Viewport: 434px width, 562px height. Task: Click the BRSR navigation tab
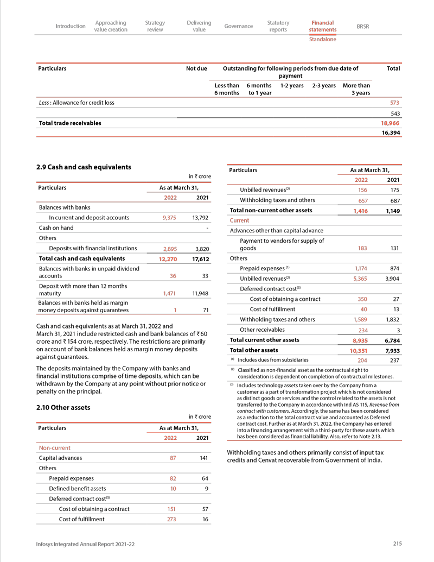tap(362, 26)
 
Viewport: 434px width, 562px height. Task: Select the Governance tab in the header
tap(238, 26)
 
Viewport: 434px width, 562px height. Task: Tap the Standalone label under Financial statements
tap(322, 39)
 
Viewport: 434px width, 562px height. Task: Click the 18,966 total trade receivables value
tap(390, 123)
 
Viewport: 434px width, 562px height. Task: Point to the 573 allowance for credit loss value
tap(395, 103)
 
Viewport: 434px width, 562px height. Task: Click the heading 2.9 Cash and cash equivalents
tap(84, 167)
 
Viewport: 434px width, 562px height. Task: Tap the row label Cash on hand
tap(55, 228)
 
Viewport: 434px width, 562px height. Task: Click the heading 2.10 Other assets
tap(62, 407)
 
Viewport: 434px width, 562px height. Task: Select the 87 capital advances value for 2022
tap(173, 458)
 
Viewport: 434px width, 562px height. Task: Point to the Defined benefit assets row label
tap(78, 489)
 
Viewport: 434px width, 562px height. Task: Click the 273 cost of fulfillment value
tap(172, 519)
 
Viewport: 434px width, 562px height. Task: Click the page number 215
tap(397, 544)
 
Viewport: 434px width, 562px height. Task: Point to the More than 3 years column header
tap(356, 89)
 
